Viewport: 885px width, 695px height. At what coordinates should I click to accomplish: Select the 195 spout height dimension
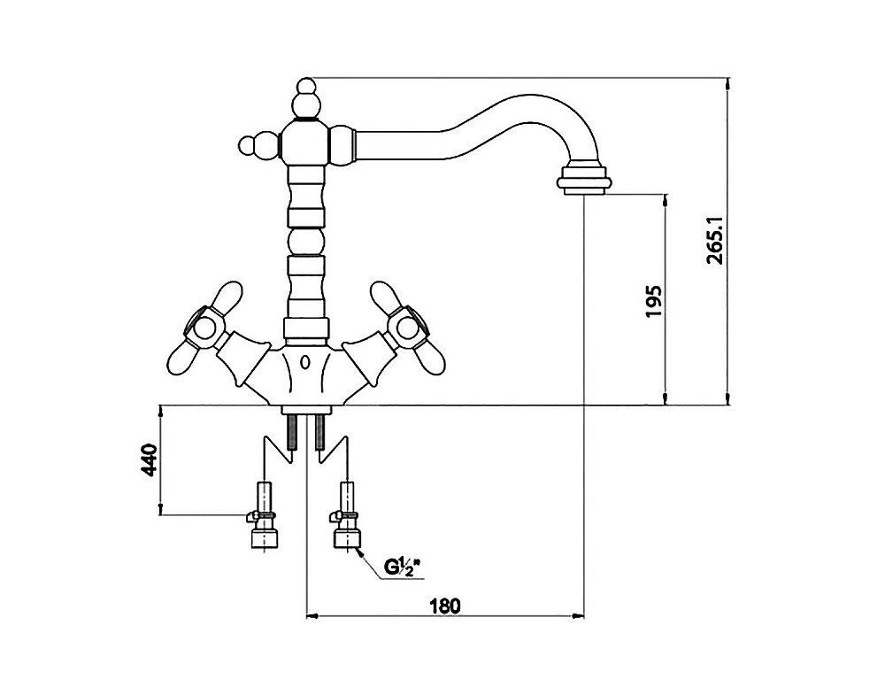(x=653, y=301)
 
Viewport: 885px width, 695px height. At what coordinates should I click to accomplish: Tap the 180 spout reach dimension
(x=445, y=606)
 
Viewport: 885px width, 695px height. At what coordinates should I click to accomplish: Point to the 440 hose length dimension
(x=149, y=459)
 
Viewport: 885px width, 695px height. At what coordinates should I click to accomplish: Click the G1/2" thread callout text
(x=404, y=567)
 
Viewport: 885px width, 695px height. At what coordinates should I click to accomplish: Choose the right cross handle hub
(x=407, y=328)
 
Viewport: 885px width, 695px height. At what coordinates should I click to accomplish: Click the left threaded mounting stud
(x=292, y=432)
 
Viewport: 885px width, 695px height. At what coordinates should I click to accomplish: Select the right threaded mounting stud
(x=320, y=432)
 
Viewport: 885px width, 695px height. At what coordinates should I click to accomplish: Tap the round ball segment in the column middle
(x=305, y=242)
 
